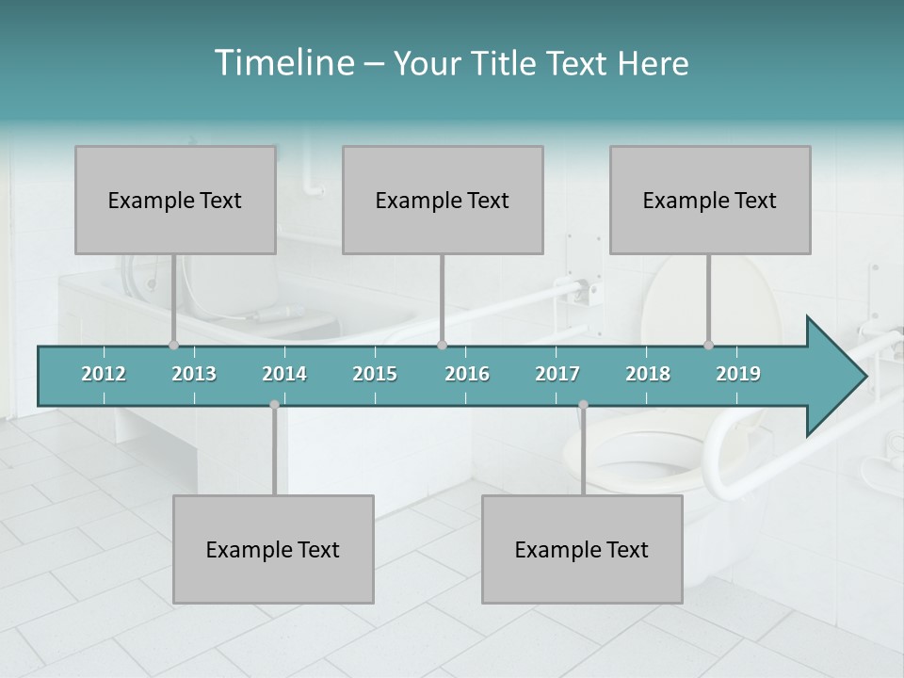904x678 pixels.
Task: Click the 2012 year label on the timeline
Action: (x=104, y=374)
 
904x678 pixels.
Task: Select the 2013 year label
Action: (x=194, y=374)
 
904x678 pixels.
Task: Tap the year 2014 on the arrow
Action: (x=284, y=374)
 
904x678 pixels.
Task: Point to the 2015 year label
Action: (x=375, y=374)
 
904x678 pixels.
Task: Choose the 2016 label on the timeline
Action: (x=467, y=374)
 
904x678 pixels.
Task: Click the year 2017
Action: (x=557, y=374)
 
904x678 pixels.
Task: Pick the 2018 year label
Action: (x=648, y=374)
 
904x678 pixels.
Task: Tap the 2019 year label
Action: (x=738, y=374)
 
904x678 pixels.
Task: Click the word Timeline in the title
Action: (x=282, y=63)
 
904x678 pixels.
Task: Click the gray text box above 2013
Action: (x=175, y=200)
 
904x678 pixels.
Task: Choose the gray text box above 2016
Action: (x=443, y=200)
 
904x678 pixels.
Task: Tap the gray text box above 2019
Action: (x=710, y=200)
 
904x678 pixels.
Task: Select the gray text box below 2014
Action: (x=273, y=549)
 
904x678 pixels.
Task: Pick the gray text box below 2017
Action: (x=582, y=549)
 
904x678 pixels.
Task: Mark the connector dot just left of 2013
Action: (x=173, y=346)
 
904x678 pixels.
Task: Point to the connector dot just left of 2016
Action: (x=443, y=346)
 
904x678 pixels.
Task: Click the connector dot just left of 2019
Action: (x=709, y=346)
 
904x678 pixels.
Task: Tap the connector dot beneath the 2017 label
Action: (x=583, y=405)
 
